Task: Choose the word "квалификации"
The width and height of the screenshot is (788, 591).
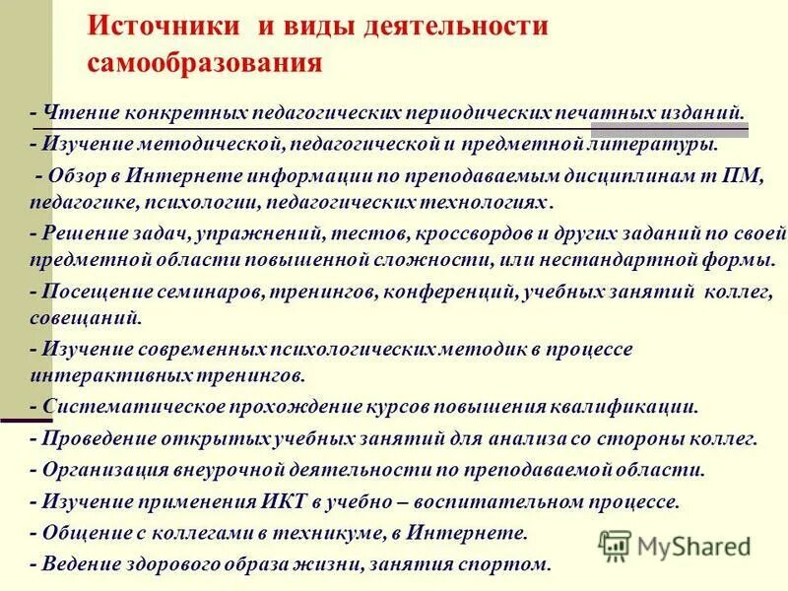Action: [x=636, y=406]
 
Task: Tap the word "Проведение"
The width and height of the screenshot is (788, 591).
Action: [x=89, y=438]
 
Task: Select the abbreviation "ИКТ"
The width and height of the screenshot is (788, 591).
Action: [x=294, y=501]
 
